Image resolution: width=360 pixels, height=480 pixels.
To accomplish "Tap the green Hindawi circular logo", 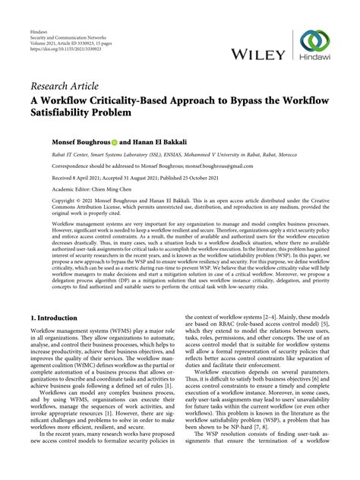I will click(x=313, y=43).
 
